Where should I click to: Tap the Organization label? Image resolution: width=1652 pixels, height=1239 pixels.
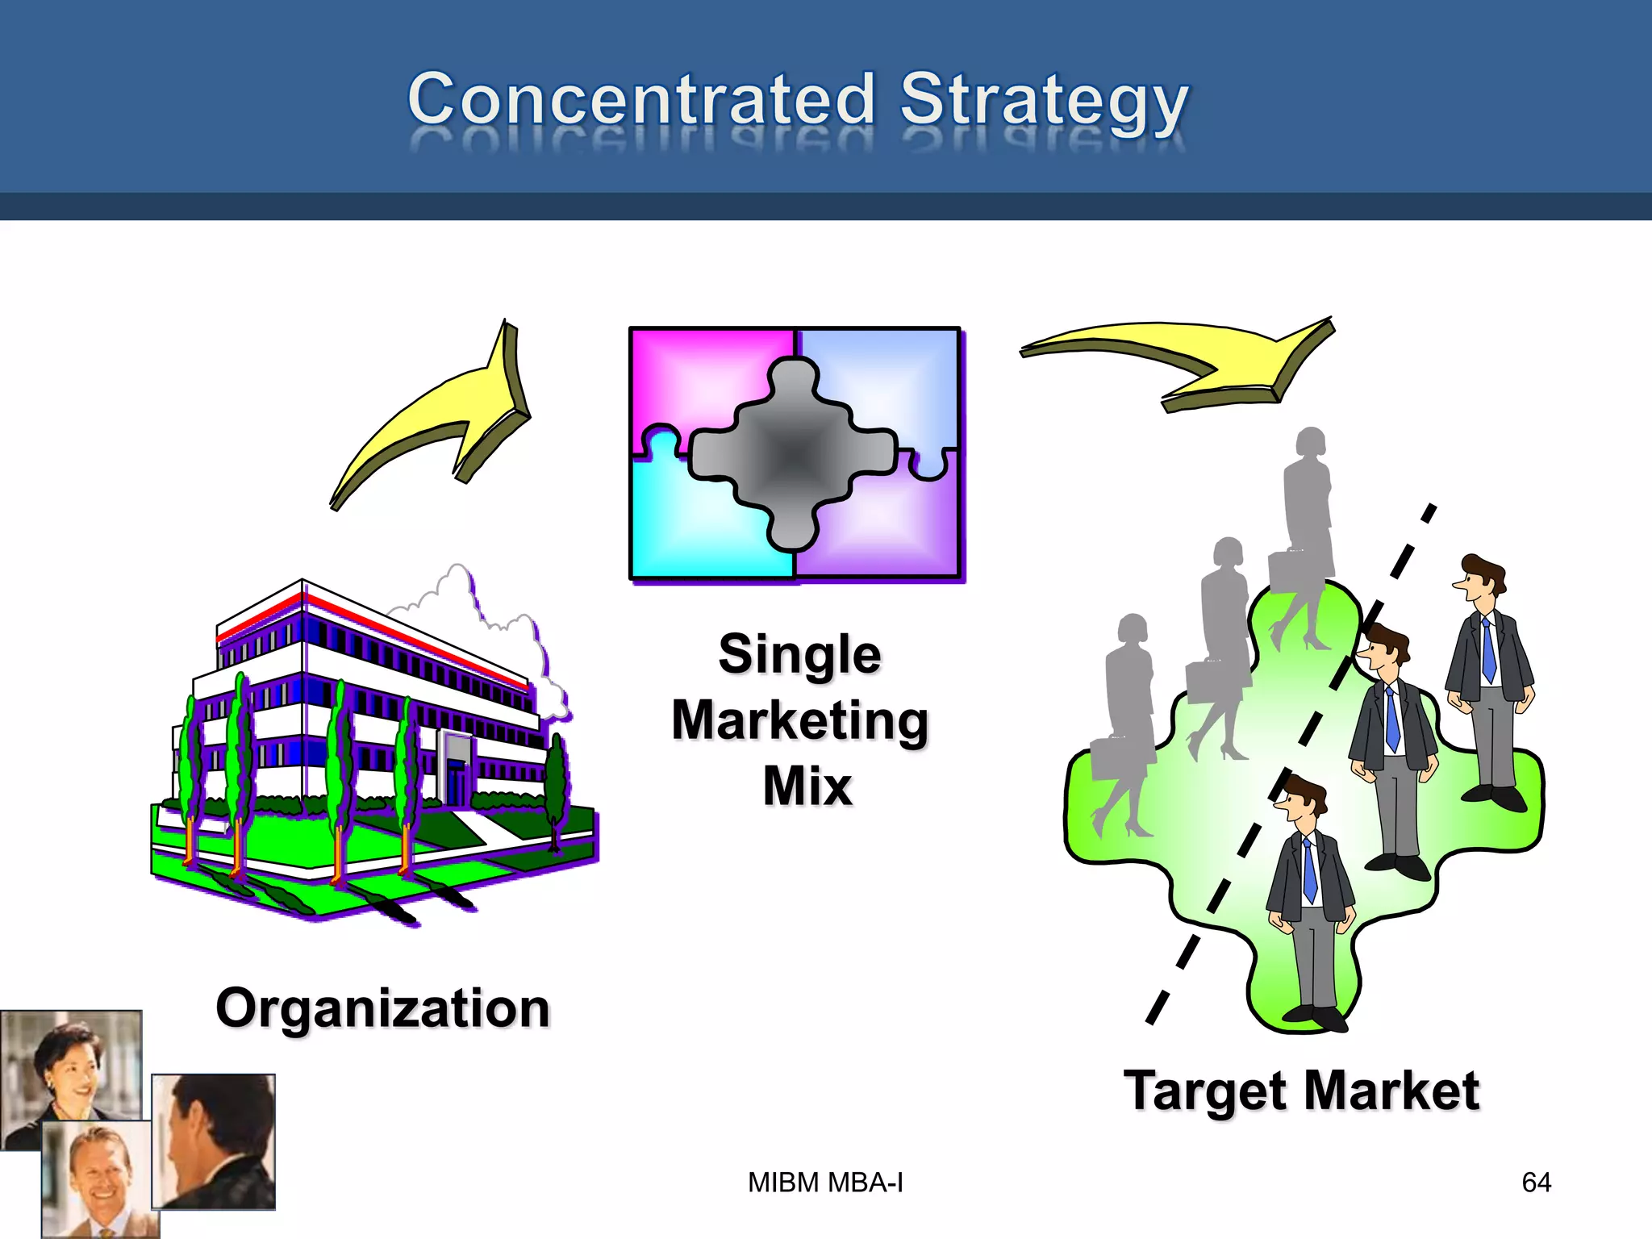coord(382,1008)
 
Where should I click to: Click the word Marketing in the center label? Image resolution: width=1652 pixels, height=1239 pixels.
coord(799,720)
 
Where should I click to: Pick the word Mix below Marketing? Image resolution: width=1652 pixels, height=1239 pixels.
coord(807,786)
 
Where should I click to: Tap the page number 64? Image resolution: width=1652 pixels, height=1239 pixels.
coord(1536,1183)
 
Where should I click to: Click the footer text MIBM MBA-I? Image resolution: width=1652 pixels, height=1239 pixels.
coord(825,1183)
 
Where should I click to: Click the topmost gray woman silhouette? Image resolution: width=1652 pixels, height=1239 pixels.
coord(1307,516)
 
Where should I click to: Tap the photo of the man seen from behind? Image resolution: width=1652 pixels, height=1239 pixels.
coord(214,1141)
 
